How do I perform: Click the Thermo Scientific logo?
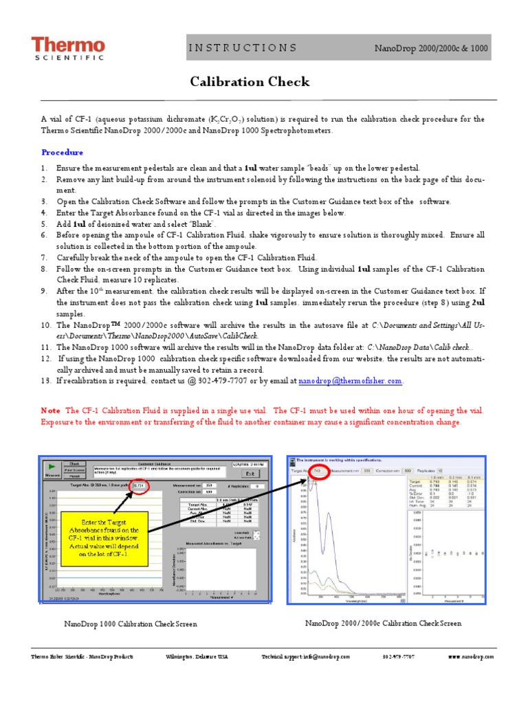68,48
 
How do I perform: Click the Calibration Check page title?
250,82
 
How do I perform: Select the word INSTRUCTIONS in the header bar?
243,48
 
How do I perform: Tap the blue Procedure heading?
62,152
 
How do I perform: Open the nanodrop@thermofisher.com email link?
351,380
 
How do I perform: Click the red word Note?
50,410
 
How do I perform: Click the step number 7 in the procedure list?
44,256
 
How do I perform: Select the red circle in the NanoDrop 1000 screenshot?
140,485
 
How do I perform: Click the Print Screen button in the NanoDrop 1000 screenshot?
75,470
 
